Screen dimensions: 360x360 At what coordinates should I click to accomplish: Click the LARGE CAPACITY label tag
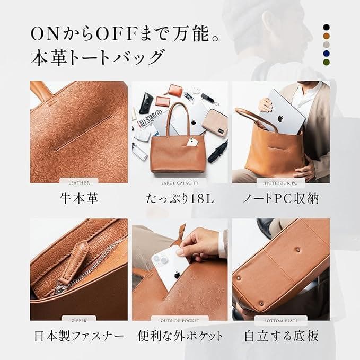[180, 183]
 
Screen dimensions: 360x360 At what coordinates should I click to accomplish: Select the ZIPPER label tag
[78, 320]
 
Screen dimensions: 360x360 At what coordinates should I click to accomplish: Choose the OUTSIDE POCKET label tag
[180, 320]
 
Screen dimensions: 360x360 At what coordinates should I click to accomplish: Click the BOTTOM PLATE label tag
[280, 320]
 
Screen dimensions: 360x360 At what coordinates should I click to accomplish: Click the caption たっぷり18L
[180, 199]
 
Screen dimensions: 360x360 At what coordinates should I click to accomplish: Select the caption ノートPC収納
[280, 199]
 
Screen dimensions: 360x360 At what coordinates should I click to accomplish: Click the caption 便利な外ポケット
[180, 336]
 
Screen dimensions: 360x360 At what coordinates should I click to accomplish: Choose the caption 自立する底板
[280, 336]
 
